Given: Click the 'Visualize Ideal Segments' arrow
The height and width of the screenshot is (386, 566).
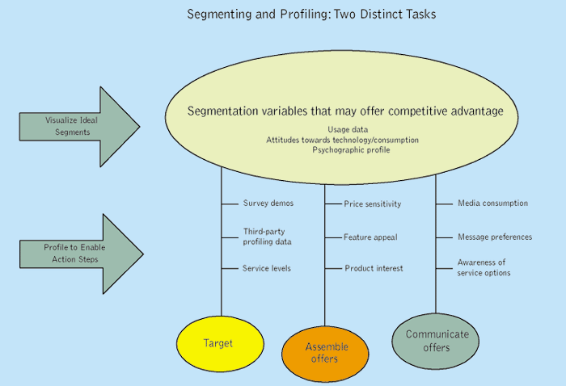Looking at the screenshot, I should point(77,126).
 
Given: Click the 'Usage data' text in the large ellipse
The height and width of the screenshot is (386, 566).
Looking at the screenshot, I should point(343,129).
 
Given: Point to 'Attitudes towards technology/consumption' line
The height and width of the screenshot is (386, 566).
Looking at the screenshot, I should point(343,140).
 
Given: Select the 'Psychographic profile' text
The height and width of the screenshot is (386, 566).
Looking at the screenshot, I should point(343,150).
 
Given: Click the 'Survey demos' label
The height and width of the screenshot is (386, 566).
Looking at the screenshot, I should point(268,203).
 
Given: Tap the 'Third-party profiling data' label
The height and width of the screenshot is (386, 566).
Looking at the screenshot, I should point(268,236).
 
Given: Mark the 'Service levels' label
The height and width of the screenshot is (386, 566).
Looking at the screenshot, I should point(267,268).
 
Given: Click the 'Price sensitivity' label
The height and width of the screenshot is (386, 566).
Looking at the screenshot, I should point(372,204).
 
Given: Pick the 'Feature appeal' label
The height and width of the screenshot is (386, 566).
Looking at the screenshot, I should point(370,237).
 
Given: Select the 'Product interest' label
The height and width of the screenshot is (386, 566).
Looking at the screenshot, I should point(374,268).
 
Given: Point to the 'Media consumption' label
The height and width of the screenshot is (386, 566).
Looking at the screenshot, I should point(492,203).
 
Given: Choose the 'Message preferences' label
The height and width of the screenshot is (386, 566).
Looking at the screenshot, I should point(495,237).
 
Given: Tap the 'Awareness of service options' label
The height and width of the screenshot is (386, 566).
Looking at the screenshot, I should point(484,267).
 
